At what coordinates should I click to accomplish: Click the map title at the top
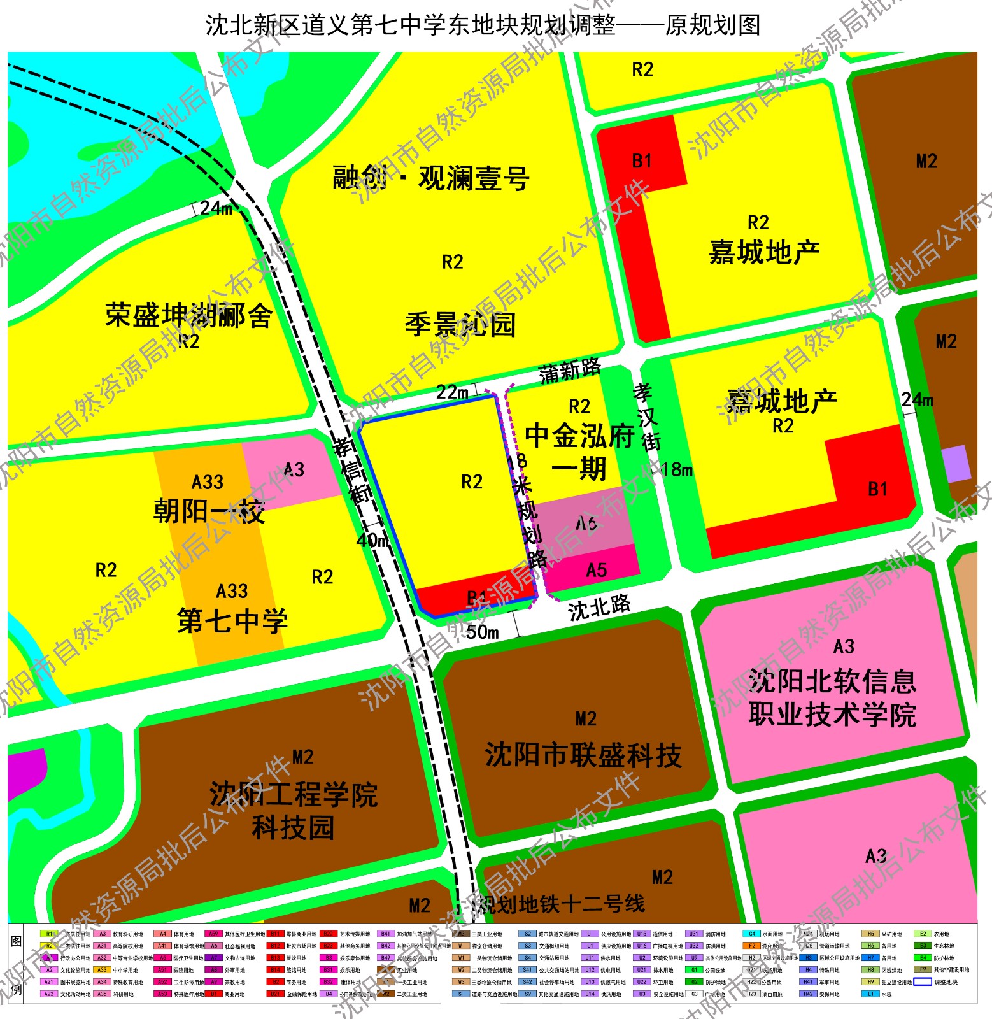483,25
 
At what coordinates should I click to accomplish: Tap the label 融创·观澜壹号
431,178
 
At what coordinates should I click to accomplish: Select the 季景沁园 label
460,324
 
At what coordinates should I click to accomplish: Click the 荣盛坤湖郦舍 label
188,315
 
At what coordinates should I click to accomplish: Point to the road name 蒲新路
570,371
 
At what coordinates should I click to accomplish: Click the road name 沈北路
599,608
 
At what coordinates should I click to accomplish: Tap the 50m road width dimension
482,632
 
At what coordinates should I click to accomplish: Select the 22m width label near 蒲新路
451,392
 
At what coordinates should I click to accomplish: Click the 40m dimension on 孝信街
372,541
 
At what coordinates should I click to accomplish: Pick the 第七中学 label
232,621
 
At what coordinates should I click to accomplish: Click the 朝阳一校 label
209,511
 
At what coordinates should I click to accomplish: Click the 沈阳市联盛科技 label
583,755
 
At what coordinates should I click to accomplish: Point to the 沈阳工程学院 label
294,795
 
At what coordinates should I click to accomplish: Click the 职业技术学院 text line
832,715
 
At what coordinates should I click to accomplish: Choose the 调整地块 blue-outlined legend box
923,981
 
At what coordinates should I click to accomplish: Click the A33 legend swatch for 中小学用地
102,970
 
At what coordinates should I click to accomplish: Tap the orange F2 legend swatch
752,946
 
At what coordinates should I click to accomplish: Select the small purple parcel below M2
956,464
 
